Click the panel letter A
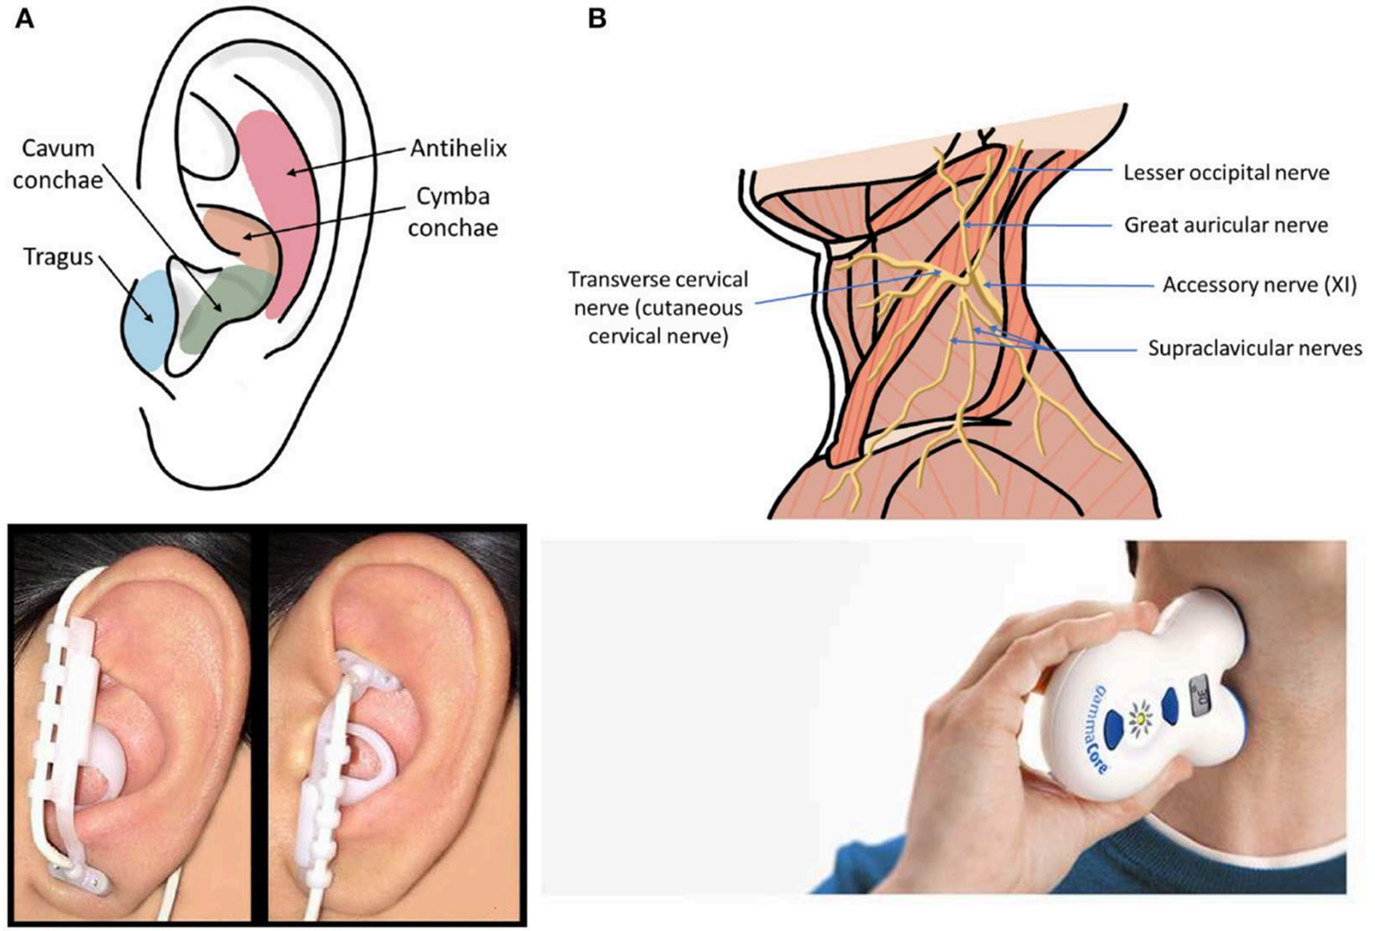25,18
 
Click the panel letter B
597,18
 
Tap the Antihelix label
458,149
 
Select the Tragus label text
58,257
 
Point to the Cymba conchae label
453,212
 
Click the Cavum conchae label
58,164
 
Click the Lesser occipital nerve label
1226,173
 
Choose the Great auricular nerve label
1225,225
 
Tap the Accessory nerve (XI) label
1259,286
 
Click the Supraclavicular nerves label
1254,348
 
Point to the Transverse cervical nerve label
658,308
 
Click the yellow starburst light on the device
1141,716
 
